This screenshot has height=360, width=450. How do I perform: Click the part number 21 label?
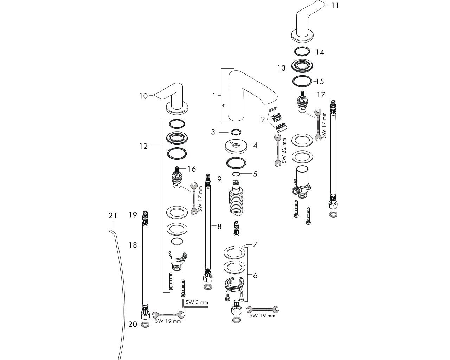click(x=112, y=216)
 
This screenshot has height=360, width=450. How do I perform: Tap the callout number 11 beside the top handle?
click(x=335, y=5)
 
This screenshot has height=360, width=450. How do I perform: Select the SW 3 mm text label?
click(x=197, y=302)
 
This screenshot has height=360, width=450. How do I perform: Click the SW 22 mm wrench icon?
click(x=277, y=150)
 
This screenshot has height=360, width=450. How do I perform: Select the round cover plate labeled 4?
click(x=236, y=147)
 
